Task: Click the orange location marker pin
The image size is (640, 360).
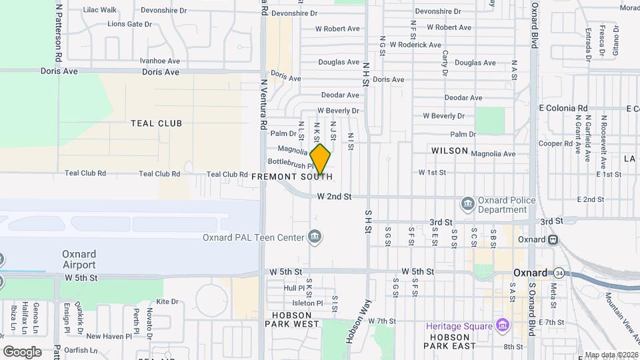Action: point(320,159)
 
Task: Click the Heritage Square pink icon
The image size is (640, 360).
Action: point(503,325)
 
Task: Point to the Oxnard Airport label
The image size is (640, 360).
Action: point(79,259)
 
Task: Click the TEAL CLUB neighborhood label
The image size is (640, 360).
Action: point(157,123)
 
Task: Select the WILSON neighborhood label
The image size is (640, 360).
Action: point(449,151)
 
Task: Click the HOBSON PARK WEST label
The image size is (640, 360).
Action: point(292,319)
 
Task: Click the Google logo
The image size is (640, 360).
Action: point(22,351)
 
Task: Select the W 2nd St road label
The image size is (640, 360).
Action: point(333,197)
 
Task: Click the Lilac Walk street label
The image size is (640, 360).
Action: point(100,10)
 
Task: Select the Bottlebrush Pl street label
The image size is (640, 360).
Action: point(286,163)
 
